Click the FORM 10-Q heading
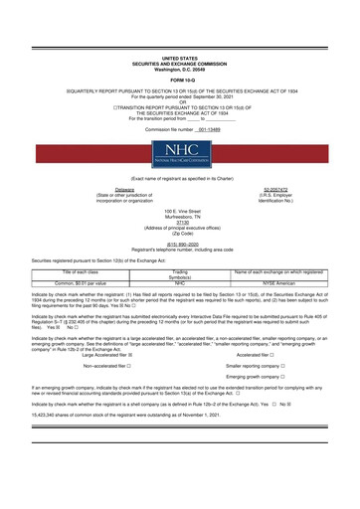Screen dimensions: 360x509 (x=180, y=53)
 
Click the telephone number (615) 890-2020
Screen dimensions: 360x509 (x=180, y=269)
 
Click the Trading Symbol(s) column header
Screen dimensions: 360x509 (x=180, y=302)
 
